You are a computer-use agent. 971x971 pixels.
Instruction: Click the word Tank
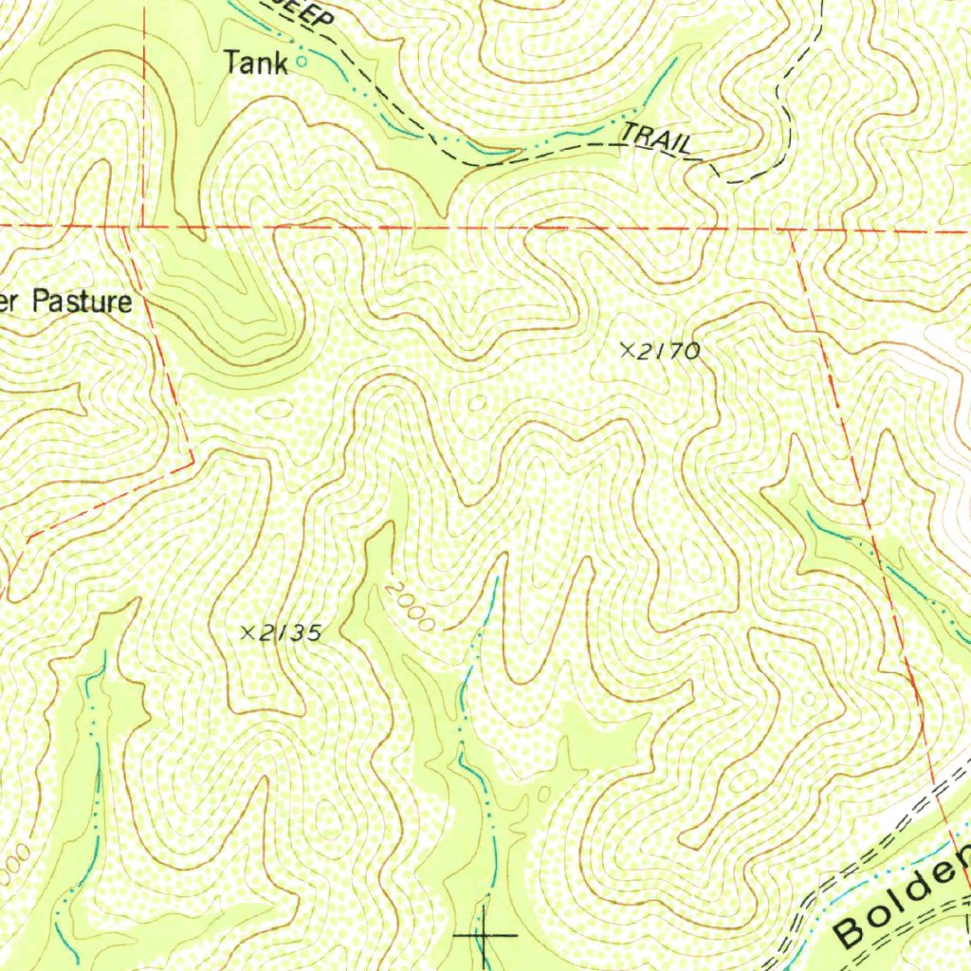click(255, 64)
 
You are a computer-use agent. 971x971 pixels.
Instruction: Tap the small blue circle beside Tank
click(302, 62)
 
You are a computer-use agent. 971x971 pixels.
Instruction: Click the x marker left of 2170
click(626, 350)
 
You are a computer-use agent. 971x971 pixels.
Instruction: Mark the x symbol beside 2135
click(248, 632)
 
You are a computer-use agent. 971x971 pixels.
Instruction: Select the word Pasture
click(82, 303)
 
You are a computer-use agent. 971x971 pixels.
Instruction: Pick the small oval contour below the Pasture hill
click(277, 410)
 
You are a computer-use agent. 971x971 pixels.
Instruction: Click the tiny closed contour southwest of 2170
click(478, 403)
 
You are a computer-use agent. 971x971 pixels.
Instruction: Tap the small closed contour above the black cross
click(542, 791)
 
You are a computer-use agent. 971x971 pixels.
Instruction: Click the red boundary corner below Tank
click(142, 227)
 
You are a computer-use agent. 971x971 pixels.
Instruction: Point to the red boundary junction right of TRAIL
click(791, 229)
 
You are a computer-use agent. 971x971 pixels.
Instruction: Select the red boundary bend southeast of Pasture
click(193, 462)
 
